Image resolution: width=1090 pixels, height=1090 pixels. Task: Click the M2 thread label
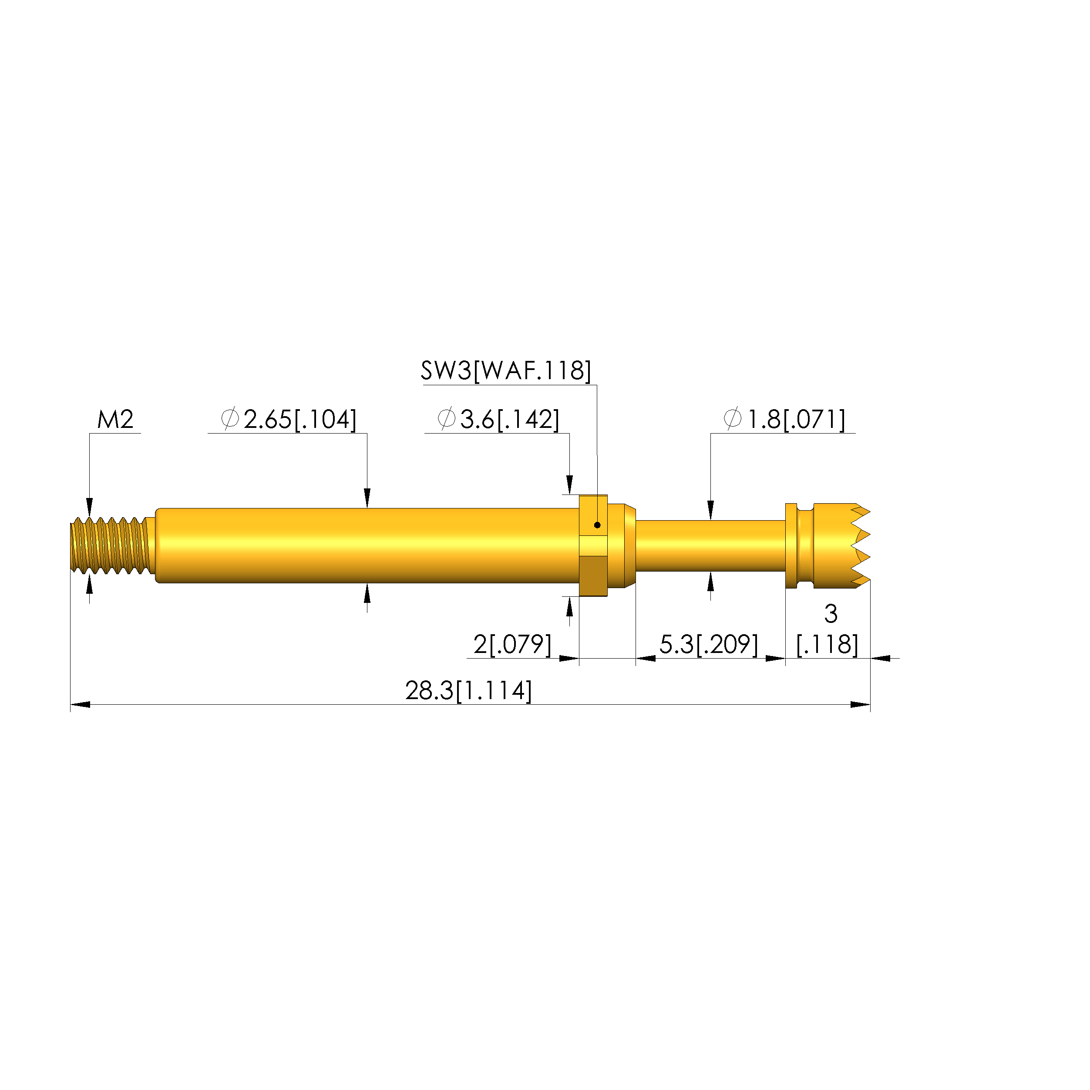pyautogui.click(x=115, y=420)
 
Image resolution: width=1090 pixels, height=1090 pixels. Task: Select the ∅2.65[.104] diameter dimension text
pyautogui.click(x=288, y=420)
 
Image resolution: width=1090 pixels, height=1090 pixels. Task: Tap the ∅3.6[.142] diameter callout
pyautogui.click(x=498, y=420)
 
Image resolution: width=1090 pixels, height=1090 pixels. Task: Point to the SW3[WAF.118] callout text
pyautogui.click(x=505, y=371)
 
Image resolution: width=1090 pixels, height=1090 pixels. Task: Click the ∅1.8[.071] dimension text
pyautogui.click(x=784, y=420)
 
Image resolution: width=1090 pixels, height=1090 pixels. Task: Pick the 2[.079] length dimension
pyautogui.click(x=512, y=644)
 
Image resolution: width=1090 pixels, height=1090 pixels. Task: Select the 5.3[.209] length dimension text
pyautogui.click(x=709, y=644)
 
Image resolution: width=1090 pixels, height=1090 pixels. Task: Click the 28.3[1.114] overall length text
pyautogui.click(x=468, y=690)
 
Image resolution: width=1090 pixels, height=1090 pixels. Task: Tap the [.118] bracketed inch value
pyautogui.click(x=827, y=644)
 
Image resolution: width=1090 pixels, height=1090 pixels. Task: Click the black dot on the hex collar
pyautogui.click(x=597, y=525)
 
